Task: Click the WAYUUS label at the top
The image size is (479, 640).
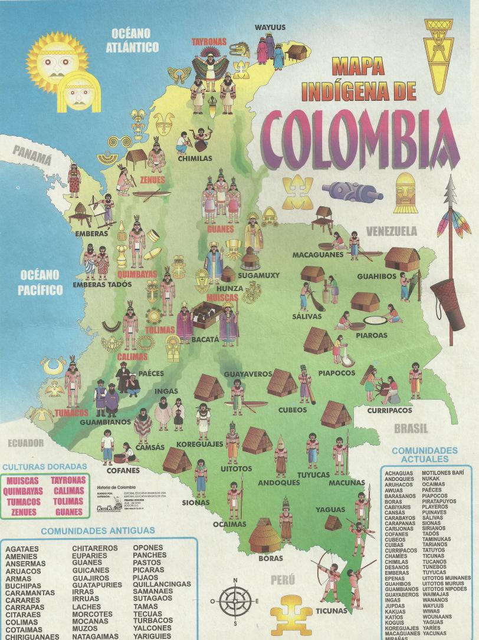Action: click(270, 27)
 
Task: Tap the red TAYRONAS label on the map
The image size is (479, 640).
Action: click(208, 42)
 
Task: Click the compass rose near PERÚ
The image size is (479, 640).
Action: click(235, 602)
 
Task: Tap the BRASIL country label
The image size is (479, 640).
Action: click(411, 428)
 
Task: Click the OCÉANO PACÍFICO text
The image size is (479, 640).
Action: click(41, 282)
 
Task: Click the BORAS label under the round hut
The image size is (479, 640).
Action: click(271, 557)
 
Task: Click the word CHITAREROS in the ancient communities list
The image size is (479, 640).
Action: click(96, 548)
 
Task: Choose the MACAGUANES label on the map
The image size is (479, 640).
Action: click(317, 255)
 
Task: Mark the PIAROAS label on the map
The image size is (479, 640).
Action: click(372, 335)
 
